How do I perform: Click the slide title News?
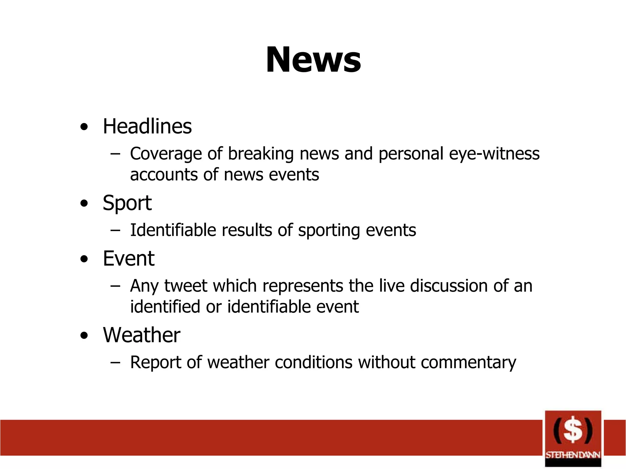click(313, 60)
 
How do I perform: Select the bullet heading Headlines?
click(147, 126)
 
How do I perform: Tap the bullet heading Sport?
click(127, 203)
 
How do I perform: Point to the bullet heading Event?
click(129, 259)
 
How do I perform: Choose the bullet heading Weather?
click(142, 335)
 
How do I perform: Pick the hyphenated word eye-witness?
click(494, 154)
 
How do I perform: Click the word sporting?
click(329, 231)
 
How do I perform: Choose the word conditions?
click(314, 362)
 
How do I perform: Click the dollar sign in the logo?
click(573, 430)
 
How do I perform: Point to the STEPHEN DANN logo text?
click(573, 455)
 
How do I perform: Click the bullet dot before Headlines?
click(84, 127)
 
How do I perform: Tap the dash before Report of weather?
click(115, 362)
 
